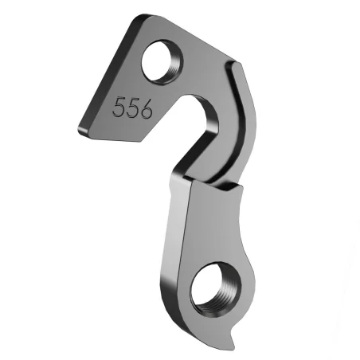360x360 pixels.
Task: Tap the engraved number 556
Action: click(x=132, y=109)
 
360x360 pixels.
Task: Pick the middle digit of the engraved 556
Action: click(x=132, y=109)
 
